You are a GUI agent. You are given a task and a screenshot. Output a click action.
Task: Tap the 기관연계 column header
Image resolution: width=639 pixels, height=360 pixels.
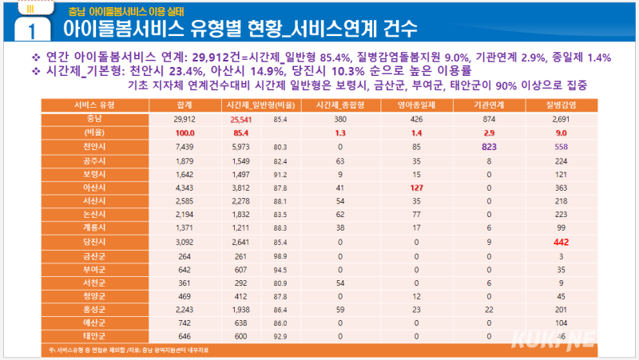pyautogui.click(x=485, y=105)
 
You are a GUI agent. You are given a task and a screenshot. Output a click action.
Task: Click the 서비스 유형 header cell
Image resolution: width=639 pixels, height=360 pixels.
pyautogui.click(x=95, y=105)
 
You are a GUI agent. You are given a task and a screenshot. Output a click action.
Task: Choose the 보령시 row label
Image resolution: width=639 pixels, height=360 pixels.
pyautogui.click(x=95, y=174)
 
